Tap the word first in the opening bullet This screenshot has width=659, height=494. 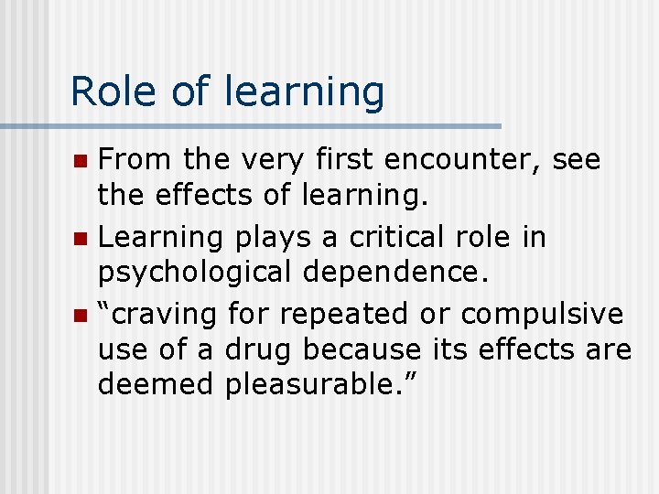[x=346, y=160]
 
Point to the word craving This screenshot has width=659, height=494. [x=165, y=315]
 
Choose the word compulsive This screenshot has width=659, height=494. [x=542, y=314]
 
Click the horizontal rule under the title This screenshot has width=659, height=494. [x=251, y=125]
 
